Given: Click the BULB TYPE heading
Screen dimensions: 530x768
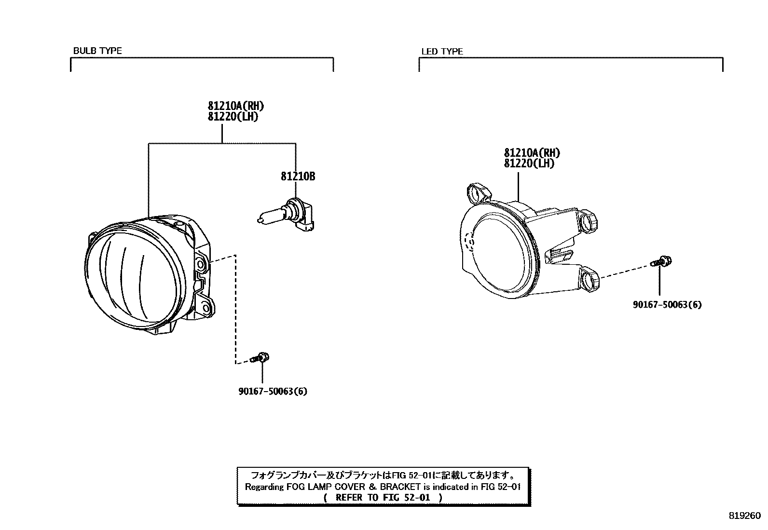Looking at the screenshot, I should click(x=97, y=51).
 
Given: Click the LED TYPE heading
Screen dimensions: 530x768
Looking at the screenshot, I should click(x=442, y=52).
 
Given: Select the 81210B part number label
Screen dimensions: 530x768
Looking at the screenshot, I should click(x=298, y=177).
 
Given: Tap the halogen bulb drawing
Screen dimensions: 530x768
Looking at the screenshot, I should click(x=285, y=216).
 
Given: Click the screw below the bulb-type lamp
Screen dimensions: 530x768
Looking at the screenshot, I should click(x=260, y=358).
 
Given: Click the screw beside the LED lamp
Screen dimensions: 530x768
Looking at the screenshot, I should click(x=662, y=262).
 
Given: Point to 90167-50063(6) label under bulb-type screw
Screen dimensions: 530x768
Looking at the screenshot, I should click(x=273, y=391).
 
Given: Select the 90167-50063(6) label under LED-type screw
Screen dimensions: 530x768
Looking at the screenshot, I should click(x=667, y=305).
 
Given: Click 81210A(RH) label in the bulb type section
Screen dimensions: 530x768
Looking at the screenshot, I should click(x=236, y=106).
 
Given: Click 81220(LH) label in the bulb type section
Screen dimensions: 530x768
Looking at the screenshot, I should click(x=233, y=117).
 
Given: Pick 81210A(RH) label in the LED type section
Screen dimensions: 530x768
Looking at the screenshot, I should click(x=532, y=153).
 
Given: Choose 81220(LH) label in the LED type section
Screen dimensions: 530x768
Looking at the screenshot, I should click(x=529, y=163).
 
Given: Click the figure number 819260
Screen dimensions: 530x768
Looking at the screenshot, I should click(x=744, y=515).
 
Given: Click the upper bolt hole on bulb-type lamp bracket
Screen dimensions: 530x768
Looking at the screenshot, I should click(x=201, y=264).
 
